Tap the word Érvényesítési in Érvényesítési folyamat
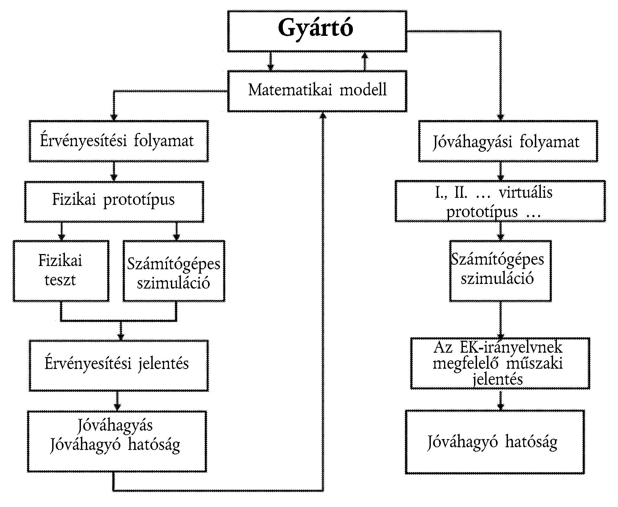pos(83,141)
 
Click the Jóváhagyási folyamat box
pos(508,141)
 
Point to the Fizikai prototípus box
pos(114,202)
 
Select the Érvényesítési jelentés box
pos(118,365)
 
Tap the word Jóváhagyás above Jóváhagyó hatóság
pos(115,425)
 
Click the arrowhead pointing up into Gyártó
pos(365,55)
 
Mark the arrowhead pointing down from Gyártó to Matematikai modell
pos(271,67)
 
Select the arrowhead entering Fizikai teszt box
pos(61,237)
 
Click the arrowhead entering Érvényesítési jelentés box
pos(121,337)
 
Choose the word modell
pos(363,90)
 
